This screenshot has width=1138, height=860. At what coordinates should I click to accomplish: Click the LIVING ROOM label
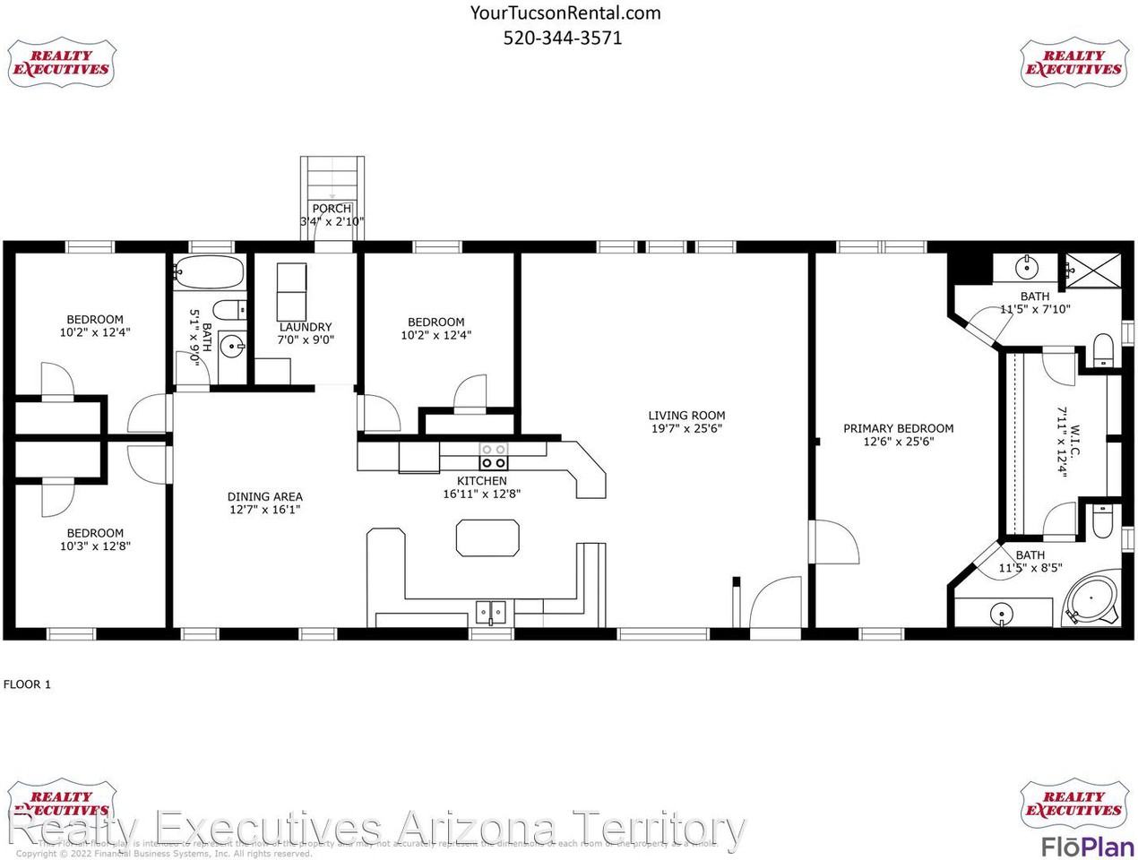pos(686,416)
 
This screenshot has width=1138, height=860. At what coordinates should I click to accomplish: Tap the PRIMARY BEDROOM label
pos(898,428)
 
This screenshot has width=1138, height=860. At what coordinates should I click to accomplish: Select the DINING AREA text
pos(264,496)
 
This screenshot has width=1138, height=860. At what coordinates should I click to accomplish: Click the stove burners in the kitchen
pos(493,456)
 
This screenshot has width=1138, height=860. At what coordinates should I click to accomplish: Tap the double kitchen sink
pos(491,613)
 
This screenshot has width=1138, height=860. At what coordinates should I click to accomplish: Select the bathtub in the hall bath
pos(209,271)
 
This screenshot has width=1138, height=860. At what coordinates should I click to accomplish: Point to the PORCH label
pos(332,209)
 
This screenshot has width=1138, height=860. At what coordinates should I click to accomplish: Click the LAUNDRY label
pos(305,327)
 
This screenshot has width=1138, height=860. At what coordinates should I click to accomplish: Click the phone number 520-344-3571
pos(563,38)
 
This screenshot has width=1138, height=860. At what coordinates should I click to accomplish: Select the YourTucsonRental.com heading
pos(565,13)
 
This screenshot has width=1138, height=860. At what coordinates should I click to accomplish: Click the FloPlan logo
pos(1086,846)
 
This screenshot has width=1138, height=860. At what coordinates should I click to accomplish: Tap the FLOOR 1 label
pos(28,684)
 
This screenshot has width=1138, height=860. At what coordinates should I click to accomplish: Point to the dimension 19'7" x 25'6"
pos(686,429)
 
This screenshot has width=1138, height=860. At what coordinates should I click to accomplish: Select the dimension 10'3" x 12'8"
pos(95,546)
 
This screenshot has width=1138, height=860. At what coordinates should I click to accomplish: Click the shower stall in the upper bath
pos(1091,269)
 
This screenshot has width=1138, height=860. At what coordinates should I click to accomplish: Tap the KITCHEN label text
pos(481,481)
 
